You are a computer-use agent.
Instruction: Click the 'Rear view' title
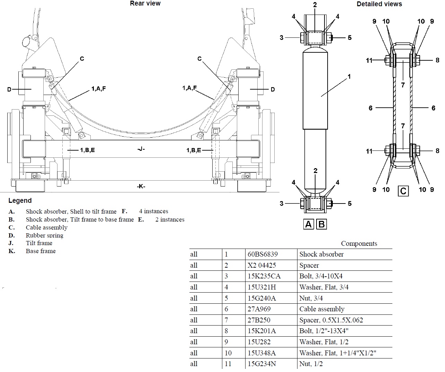click(145, 3)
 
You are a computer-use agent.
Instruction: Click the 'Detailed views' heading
click(379, 4)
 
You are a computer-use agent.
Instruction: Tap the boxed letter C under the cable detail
click(403, 191)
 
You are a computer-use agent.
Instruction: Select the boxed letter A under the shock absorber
click(308, 224)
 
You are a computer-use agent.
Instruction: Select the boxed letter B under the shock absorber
click(321, 224)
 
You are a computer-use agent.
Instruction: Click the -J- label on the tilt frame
click(141, 149)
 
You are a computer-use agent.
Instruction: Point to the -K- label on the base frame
click(141, 187)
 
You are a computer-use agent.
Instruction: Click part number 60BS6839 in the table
click(262, 254)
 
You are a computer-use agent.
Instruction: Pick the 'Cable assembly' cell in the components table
click(322, 309)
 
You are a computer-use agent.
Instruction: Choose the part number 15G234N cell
click(261, 364)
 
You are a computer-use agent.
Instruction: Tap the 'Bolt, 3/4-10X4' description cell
click(321, 276)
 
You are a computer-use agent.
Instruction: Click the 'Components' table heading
click(359, 243)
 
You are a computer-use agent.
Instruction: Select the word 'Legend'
click(20, 200)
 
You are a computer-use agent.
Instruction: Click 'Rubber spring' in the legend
click(44, 235)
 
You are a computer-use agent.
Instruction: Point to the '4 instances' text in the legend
click(153, 211)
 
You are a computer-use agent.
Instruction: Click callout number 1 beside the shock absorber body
click(349, 77)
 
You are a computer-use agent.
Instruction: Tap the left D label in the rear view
click(9, 89)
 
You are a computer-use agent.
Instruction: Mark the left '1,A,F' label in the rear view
click(98, 89)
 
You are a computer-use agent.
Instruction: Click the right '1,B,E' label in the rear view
click(194, 150)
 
